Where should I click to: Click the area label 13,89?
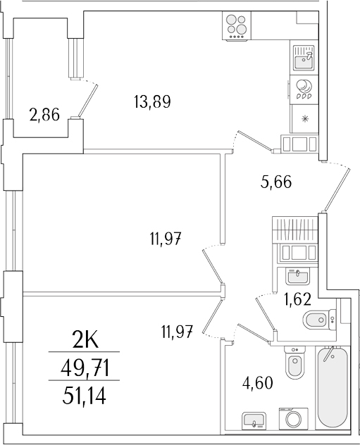(x=152, y=102)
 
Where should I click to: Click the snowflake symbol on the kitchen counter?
(x=304, y=118)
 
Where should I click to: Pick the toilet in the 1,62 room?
(x=317, y=320)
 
